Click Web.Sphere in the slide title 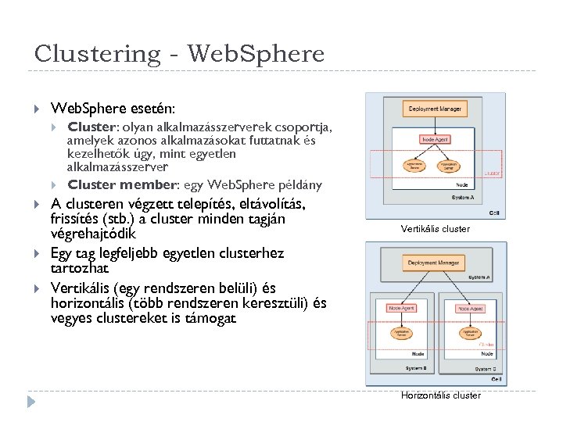click(x=256, y=54)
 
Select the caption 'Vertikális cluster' click(x=435, y=229)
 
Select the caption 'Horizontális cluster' click(x=440, y=395)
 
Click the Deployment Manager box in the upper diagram click(x=435, y=109)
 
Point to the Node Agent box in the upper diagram click(x=436, y=139)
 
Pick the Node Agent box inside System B click(x=403, y=309)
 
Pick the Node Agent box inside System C click(x=470, y=309)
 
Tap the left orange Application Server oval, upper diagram click(x=412, y=166)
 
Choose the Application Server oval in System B click(x=403, y=334)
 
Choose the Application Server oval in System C click(x=470, y=334)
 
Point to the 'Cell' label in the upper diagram click(x=494, y=212)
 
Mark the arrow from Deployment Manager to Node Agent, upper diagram click(x=435, y=125)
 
